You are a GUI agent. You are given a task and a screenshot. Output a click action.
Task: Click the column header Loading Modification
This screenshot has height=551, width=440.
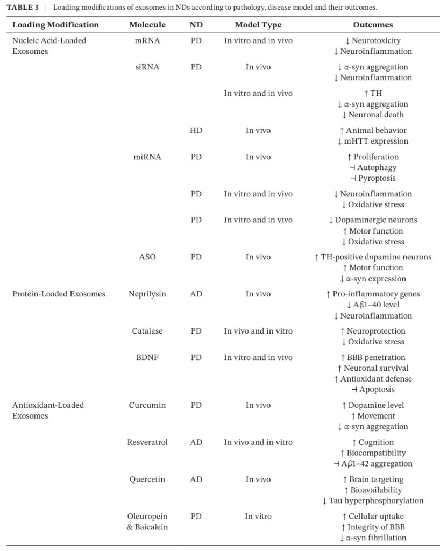[x=55, y=25]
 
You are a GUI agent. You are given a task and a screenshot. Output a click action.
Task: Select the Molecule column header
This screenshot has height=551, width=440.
[x=147, y=25]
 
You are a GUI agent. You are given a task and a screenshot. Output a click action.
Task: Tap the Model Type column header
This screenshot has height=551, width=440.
[x=258, y=25]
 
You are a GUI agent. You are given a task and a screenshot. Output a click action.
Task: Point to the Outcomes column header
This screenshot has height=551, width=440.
[x=373, y=25]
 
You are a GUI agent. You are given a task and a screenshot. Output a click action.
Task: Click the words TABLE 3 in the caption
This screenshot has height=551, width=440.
[x=22, y=8]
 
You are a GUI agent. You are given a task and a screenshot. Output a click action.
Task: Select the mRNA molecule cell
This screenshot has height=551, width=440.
[x=147, y=41]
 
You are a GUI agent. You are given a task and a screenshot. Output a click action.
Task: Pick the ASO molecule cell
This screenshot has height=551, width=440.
[x=147, y=257]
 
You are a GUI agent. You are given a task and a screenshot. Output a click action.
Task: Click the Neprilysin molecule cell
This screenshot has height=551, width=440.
[x=147, y=294]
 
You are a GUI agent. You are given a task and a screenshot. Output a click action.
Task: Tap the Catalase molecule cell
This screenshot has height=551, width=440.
[x=147, y=331]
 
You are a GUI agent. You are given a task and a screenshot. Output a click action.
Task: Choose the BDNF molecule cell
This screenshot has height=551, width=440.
[x=147, y=358]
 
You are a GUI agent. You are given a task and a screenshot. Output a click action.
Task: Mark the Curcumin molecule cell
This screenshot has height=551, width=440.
[x=147, y=405]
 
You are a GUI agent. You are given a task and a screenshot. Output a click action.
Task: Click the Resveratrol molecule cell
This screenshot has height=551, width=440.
[x=147, y=442]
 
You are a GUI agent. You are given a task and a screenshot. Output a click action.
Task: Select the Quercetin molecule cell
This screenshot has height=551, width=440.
[x=147, y=479]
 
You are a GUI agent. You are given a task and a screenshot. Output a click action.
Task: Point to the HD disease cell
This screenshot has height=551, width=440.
[x=196, y=131]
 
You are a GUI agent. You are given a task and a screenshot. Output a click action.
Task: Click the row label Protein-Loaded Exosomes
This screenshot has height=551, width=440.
[x=59, y=294]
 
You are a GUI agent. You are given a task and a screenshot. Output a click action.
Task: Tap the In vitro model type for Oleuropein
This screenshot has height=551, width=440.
[x=258, y=517]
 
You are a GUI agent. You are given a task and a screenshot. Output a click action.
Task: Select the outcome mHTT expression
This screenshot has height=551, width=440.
[x=376, y=142]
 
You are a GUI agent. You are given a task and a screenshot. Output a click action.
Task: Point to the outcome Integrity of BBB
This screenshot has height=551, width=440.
[x=376, y=527]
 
